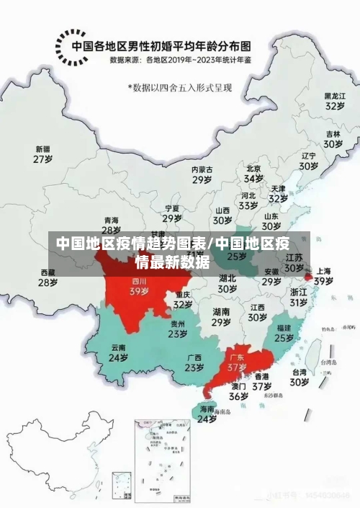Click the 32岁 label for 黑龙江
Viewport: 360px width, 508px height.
(x=334, y=100)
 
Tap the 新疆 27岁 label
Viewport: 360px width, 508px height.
(x=43, y=154)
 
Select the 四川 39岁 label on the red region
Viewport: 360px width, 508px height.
(x=139, y=287)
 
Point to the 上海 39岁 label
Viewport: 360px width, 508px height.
(x=323, y=276)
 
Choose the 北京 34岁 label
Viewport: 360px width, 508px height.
(x=253, y=173)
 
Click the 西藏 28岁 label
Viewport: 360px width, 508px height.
(x=48, y=277)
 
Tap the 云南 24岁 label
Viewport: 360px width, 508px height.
(x=118, y=352)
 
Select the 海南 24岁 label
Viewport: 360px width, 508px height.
(x=207, y=414)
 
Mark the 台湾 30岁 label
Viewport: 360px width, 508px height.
(x=300, y=378)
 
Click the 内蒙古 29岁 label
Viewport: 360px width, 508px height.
(x=202, y=174)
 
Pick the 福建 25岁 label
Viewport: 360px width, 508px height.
(x=284, y=332)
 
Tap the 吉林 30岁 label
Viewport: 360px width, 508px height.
(x=332, y=138)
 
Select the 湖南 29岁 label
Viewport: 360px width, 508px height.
(x=221, y=317)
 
